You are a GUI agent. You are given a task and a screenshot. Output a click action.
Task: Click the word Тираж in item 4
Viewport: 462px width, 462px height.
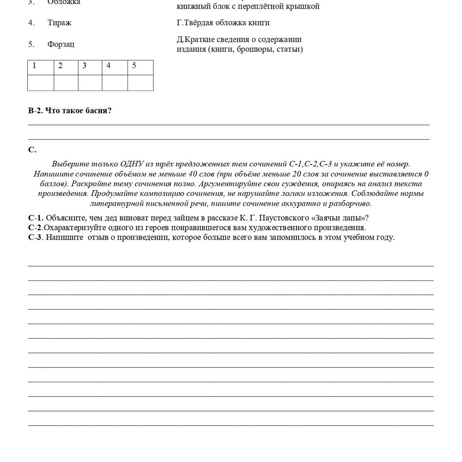(59, 23)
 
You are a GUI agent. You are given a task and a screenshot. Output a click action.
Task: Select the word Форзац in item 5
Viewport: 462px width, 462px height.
(61, 44)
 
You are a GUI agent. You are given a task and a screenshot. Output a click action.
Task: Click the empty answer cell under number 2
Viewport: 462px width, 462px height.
(66, 83)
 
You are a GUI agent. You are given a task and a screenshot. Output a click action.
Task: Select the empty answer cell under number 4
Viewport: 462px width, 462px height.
(114, 83)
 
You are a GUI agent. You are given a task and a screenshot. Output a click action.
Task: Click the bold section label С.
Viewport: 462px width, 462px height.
(32, 150)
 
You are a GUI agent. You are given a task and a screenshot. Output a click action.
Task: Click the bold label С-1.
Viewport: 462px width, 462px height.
(36, 218)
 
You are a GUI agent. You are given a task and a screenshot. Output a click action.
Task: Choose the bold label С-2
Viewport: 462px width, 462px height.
(35, 228)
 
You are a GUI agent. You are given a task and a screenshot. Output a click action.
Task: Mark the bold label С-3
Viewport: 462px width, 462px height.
(35, 237)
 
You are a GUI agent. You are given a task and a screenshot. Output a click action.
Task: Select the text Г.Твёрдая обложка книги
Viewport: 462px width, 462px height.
(223, 23)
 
